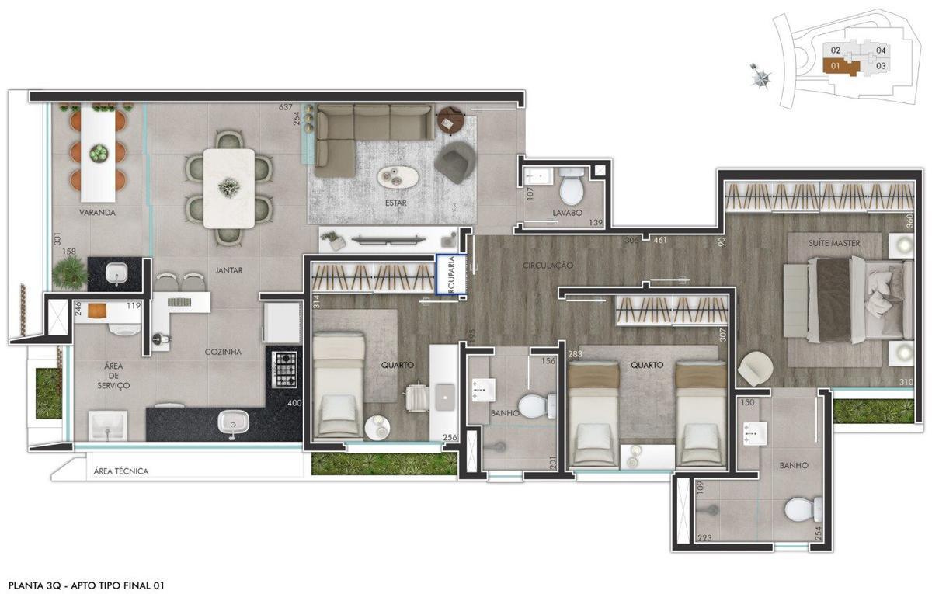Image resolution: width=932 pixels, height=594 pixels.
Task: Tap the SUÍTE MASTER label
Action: click(834, 243)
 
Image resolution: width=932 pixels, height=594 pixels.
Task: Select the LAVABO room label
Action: click(568, 211)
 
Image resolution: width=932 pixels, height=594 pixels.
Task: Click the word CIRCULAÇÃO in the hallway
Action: click(548, 266)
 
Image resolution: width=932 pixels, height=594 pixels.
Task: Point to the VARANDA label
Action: click(96, 212)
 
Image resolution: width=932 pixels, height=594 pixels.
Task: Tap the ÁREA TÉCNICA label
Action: click(120, 471)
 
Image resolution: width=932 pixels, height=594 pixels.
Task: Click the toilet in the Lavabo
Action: click(572, 187)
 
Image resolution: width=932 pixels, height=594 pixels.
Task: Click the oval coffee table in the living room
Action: click(398, 177)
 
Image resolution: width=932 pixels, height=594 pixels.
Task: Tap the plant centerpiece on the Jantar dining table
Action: click(228, 186)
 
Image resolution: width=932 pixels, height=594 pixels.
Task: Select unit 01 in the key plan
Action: click(836, 66)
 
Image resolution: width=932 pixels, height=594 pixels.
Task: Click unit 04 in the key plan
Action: click(881, 50)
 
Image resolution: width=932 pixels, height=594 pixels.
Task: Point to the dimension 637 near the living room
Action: click(286, 107)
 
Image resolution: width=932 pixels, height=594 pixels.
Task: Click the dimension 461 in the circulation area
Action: click(660, 241)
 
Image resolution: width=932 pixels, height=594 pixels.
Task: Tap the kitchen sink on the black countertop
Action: click(232, 424)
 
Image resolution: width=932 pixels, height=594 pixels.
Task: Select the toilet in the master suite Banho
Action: click(803, 510)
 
